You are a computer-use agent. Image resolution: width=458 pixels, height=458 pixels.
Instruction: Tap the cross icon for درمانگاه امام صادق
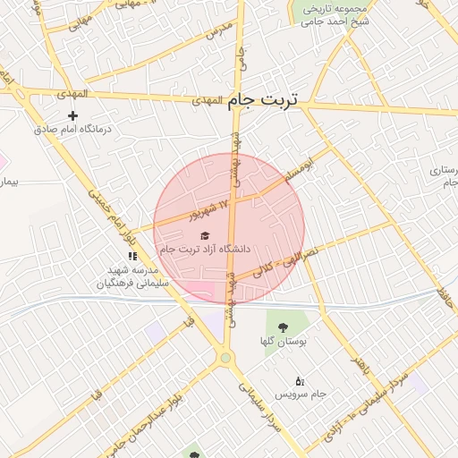click(x=73, y=115)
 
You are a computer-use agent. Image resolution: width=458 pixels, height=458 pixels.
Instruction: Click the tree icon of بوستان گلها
click(x=283, y=327)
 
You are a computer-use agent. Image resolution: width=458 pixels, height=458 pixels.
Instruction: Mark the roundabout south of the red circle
click(x=225, y=360)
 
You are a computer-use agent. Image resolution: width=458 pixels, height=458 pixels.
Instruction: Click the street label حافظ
click(x=445, y=299)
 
